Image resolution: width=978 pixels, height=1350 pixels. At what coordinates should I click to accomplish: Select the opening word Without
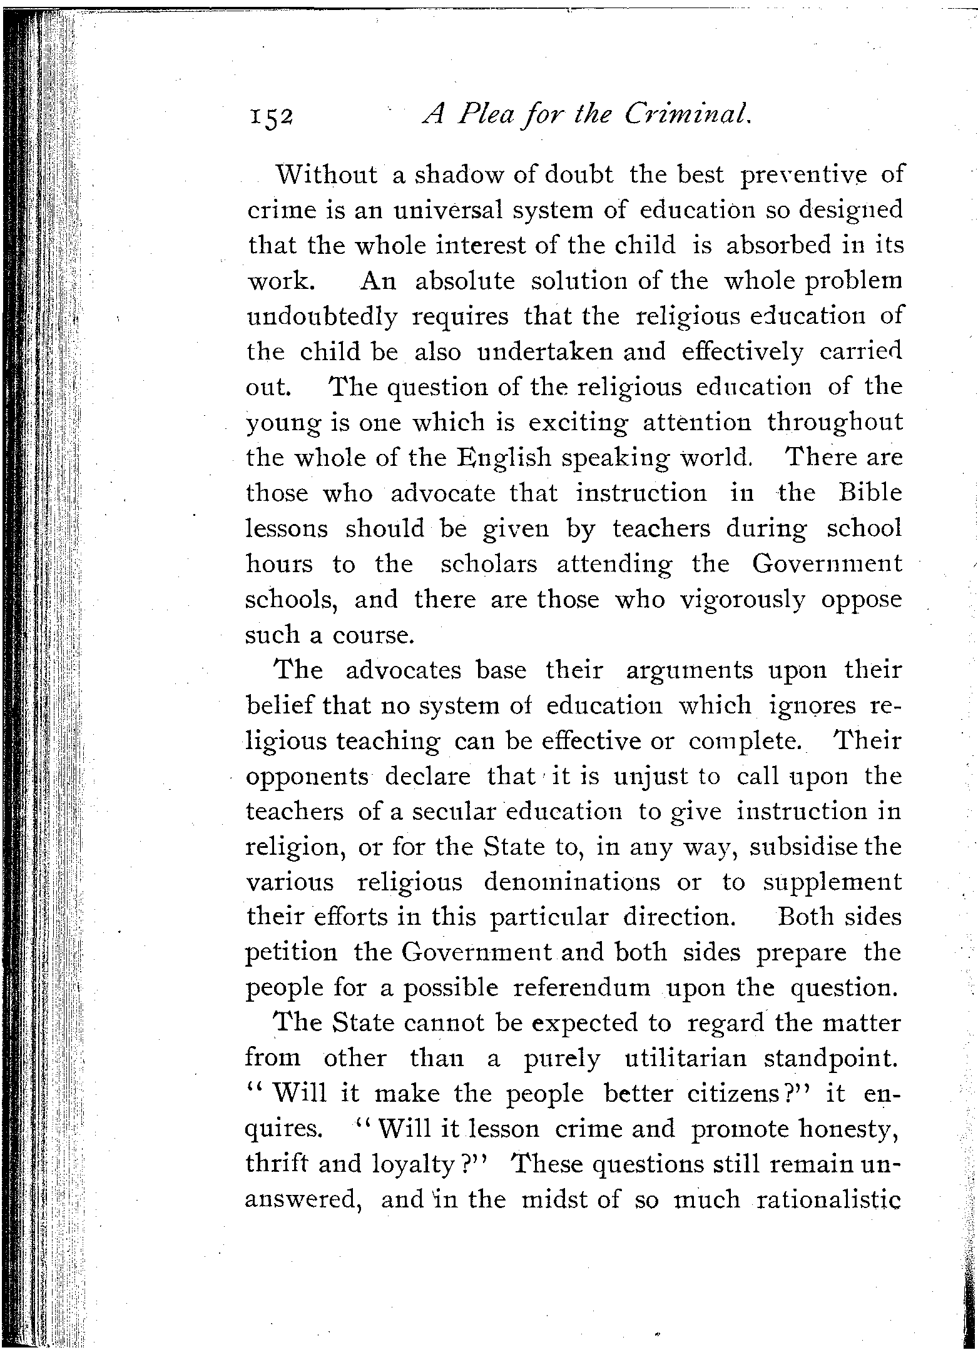click(x=327, y=175)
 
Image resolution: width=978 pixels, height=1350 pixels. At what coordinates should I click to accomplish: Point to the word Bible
click(x=870, y=493)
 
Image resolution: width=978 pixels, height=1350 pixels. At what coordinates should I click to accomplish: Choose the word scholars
click(x=489, y=565)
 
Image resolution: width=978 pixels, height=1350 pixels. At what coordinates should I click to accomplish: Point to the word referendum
click(x=581, y=989)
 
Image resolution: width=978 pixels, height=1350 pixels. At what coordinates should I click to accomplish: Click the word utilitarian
click(x=686, y=1059)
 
